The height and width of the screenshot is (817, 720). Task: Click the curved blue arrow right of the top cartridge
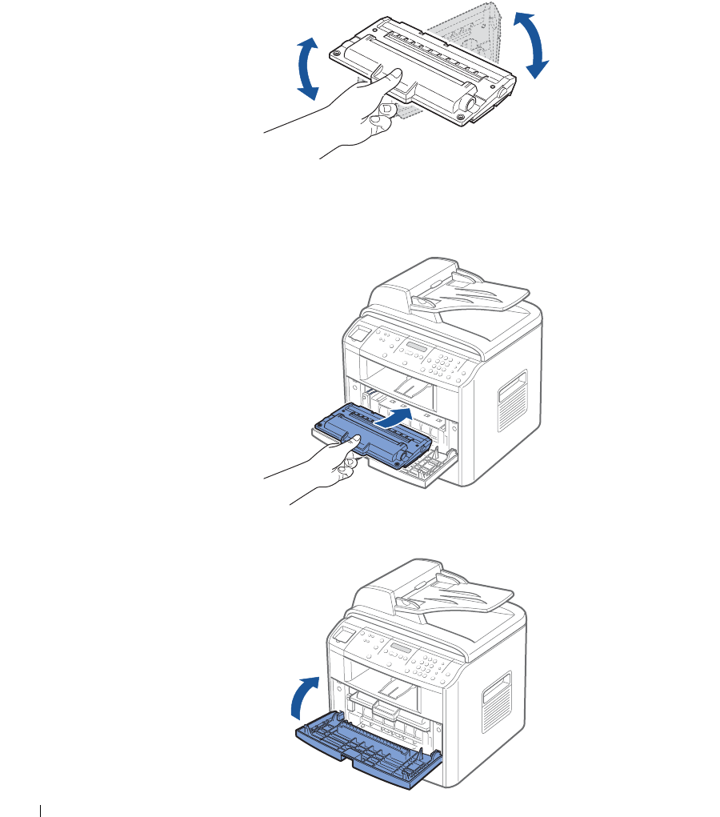[x=530, y=44]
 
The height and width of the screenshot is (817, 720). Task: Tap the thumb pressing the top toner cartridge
[x=388, y=77]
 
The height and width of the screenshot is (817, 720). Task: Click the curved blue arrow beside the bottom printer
[x=304, y=695]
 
